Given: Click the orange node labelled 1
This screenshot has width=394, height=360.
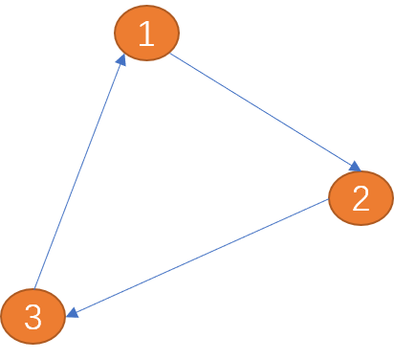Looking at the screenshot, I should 146,34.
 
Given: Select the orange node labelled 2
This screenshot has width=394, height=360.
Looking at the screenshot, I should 361,198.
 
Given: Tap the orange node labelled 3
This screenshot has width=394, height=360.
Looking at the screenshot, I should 33,316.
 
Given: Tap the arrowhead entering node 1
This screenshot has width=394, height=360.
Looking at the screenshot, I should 121,60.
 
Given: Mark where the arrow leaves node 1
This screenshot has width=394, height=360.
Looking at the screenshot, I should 173,55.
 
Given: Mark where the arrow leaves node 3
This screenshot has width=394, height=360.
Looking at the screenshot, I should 35,287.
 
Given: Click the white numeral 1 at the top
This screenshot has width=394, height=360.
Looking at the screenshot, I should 145,34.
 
